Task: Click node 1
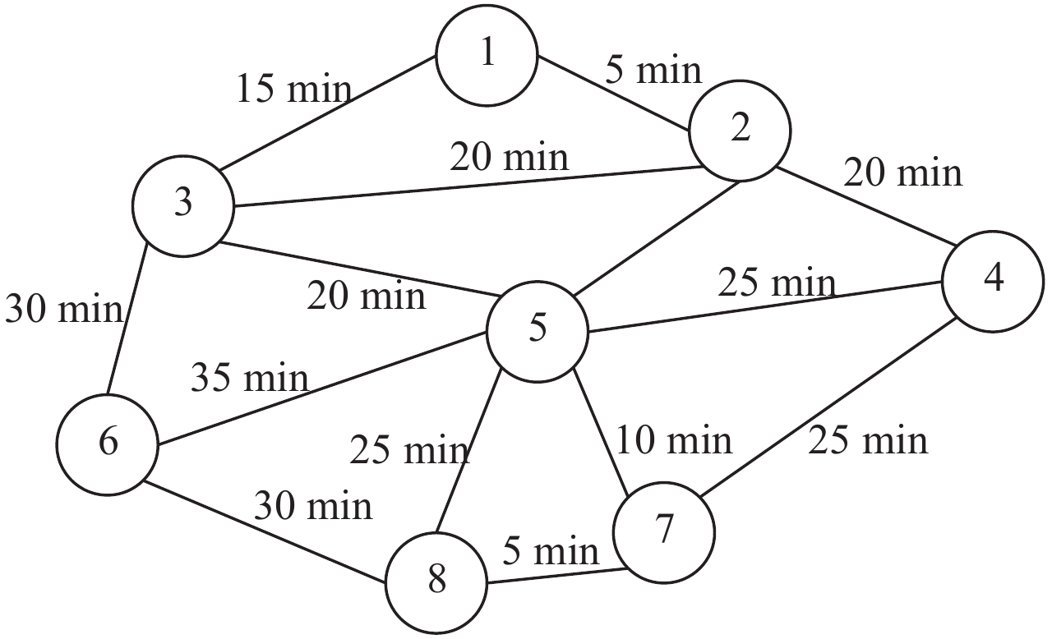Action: [x=487, y=56]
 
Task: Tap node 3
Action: [x=182, y=204]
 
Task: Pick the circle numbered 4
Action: [x=994, y=281]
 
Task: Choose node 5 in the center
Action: [x=538, y=330]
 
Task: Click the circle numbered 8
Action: [x=436, y=582]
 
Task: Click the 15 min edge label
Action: [x=293, y=88]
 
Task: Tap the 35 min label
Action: [x=250, y=378]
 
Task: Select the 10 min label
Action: [x=674, y=440]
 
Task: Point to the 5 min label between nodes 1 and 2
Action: [x=654, y=71]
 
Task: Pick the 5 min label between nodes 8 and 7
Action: [x=551, y=551]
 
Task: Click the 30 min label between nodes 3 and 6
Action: [x=64, y=309]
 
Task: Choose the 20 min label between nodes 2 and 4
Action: [x=902, y=172]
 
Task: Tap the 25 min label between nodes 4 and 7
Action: [x=868, y=440]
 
